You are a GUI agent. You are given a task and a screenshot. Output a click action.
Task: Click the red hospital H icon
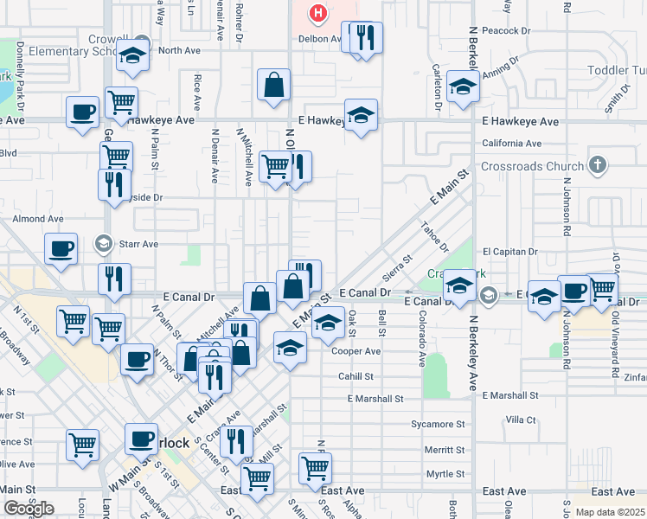tap(318, 13)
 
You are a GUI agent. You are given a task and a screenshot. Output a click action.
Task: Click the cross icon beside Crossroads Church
tap(597, 165)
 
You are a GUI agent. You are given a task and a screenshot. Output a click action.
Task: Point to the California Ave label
tap(511, 144)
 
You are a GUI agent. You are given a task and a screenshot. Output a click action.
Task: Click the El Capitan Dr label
tap(510, 251)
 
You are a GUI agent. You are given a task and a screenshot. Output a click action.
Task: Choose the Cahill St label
tap(356, 376)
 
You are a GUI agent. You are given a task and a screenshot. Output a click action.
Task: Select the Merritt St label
tap(445, 451)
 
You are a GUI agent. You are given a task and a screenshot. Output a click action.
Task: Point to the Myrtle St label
tap(445, 474)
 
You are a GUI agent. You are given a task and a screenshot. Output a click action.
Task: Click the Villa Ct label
tap(521, 420)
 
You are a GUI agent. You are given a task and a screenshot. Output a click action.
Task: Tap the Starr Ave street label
tap(138, 245)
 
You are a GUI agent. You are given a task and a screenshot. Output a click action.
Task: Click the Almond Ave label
tap(38, 220)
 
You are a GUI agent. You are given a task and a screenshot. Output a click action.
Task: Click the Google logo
tap(29, 508)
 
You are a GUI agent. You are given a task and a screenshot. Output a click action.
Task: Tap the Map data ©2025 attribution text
tap(610, 512)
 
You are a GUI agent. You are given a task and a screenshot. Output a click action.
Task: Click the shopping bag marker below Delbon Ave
tap(273, 86)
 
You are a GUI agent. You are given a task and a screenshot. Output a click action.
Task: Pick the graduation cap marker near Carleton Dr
tap(463, 88)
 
